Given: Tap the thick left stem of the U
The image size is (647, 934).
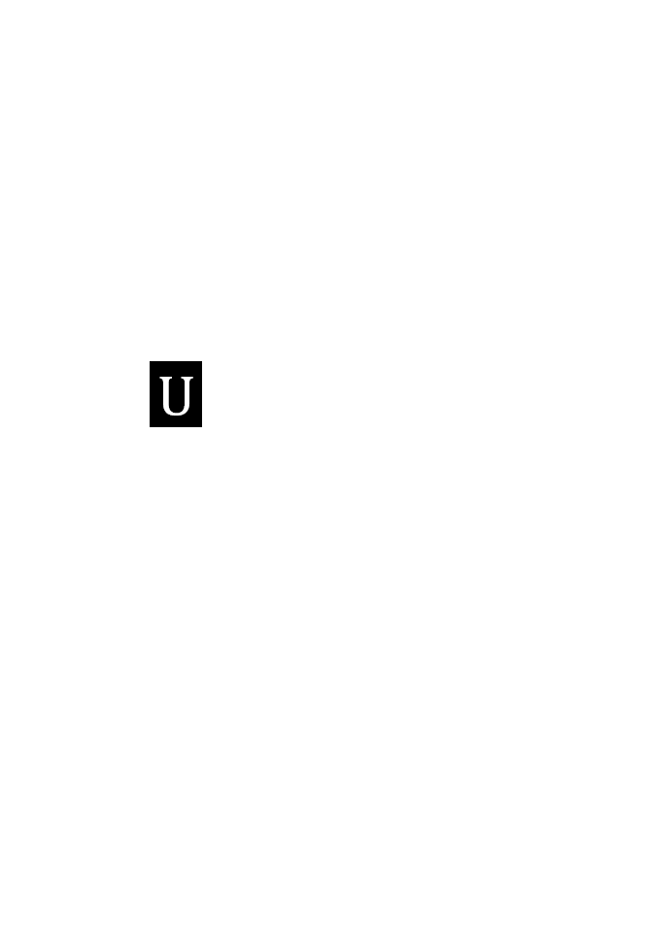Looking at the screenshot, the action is pyautogui.click(x=166, y=393).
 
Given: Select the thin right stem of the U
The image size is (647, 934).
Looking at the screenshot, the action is pyautogui.click(x=187, y=393).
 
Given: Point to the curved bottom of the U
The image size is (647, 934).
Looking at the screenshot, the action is pyautogui.click(x=176, y=412).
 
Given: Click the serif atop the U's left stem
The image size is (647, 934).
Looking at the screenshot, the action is pyautogui.click(x=165, y=378).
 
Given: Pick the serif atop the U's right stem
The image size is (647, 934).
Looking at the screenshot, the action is pyautogui.click(x=187, y=378).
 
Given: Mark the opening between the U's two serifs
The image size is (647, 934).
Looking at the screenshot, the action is pyautogui.click(x=177, y=378).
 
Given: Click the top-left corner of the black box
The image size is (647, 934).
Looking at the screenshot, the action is pyautogui.click(x=150, y=361).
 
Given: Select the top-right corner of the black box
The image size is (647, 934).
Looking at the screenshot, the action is pyautogui.click(x=202, y=361).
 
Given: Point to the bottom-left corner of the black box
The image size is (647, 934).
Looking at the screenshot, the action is pyautogui.click(x=150, y=427).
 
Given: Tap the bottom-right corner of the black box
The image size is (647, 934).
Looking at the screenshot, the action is pyautogui.click(x=202, y=427).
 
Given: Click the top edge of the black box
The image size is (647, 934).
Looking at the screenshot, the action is pyautogui.click(x=176, y=361).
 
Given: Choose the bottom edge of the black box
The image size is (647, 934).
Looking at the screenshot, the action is pyautogui.click(x=176, y=426).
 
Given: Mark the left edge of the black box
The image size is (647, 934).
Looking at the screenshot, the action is pyautogui.click(x=151, y=394).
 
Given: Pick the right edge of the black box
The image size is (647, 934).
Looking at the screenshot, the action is pyautogui.click(x=201, y=394).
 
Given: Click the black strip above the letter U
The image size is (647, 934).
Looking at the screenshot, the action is pyautogui.click(x=176, y=368).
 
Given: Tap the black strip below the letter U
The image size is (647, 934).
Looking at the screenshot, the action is pyautogui.click(x=176, y=421).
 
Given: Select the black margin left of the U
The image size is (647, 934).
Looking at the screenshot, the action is pyautogui.click(x=154, y=394).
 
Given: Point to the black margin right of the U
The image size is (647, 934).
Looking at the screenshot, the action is pyautogui.click(x=198, y=394).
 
